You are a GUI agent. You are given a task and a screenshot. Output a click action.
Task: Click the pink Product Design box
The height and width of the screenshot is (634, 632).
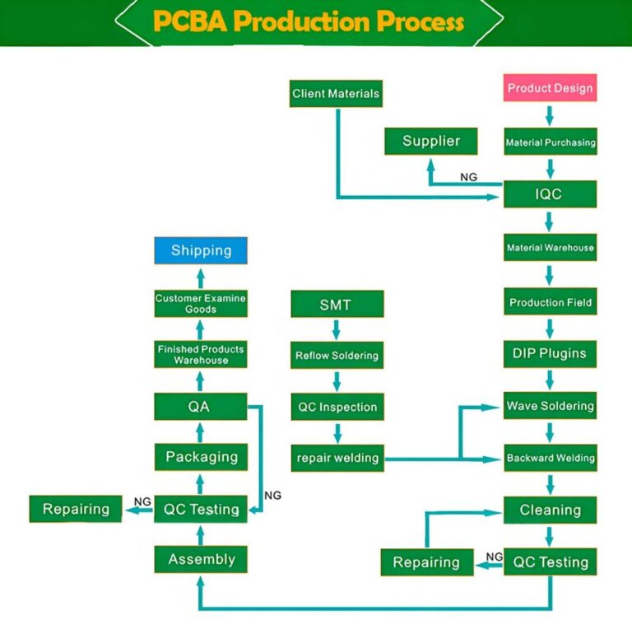pyautogui.click(x=550, y=88)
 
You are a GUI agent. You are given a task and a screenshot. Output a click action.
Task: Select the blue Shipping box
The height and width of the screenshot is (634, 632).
pyautogui.click(x=201, y=250)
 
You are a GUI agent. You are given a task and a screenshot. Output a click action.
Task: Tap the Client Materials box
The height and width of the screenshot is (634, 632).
pyautogui.click(x=336, y=94)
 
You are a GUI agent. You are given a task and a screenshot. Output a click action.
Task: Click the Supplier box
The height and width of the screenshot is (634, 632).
pyautogui.click(x=431, y=142)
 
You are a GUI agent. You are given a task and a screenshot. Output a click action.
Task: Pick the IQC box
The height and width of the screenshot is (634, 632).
pyautogui.click(x=550, y=195)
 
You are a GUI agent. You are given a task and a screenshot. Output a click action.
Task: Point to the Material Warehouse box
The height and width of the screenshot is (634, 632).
pyautogui.click(x=550, y=248)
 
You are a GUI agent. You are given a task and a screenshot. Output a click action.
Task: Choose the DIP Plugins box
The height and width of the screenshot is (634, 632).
pyautogui.click(x=550, y=354)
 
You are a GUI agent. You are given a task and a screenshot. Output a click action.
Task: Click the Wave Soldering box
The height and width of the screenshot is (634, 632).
pyautogui.click(x=550, y=406)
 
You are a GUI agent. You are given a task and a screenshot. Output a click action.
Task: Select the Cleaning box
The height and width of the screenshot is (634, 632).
pyautogui.click(x=550, y=510)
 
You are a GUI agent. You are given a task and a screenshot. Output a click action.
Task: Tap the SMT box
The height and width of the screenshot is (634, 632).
pyautogui.click(x=336, y=305)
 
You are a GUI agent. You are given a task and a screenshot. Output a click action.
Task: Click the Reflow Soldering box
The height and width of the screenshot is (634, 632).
pyautogui.click(x=337, y=356)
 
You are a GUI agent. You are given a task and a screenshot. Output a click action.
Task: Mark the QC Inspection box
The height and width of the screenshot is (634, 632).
pyautogui.click(x=337, y=407)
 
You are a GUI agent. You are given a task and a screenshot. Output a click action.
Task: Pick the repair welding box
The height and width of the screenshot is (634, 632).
pyautogui.click(x=337, y=459)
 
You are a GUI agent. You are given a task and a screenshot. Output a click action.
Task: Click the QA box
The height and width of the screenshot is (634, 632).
pyautogui.click(x=200, y=407)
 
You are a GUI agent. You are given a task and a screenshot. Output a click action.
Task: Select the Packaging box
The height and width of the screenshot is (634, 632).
pyautogui.click(x=201, y=457)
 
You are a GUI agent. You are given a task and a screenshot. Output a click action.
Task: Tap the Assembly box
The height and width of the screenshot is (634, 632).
pyautogui.click(x=201, y=560)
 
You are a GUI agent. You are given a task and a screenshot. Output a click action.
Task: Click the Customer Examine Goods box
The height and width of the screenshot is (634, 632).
pyautogui.click(x=201, y=304)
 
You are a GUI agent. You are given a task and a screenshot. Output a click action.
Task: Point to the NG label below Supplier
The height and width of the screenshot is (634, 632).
pyautogui.click(x=468, y=177)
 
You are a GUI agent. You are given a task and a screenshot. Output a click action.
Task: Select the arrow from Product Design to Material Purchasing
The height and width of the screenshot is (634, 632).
pyautogui.click(x=550, y=114)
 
